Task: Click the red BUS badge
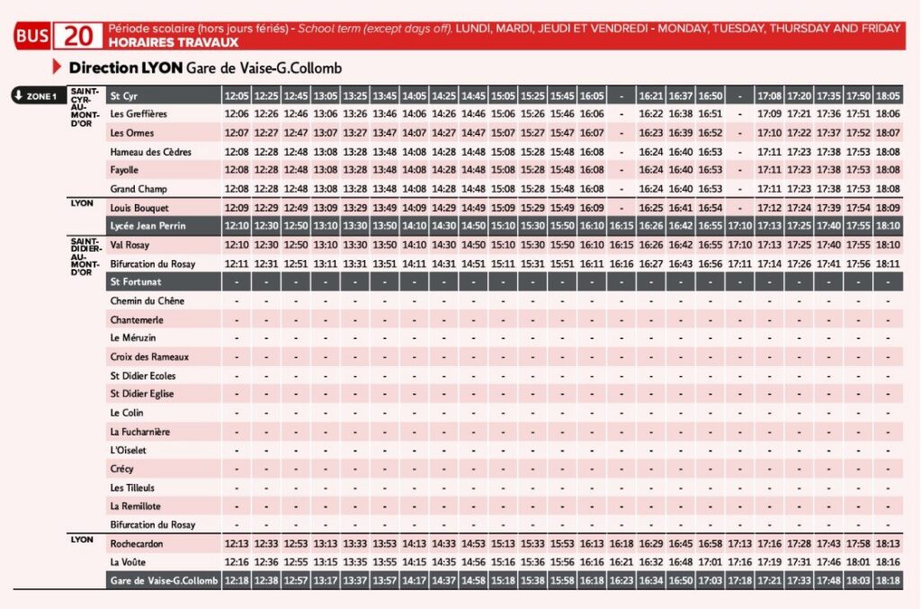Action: click(x=32, y=36)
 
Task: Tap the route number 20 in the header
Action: click(x=78, y=36)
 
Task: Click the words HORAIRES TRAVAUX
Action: click(x=174, y=42)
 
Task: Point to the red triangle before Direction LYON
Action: click(x=57, y=67)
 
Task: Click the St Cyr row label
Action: click(x=123, y=95)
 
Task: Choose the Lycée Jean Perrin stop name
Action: click(x=148, y=226)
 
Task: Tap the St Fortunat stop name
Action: click(x=136, y=282)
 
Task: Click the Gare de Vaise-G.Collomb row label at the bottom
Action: click(x=164, y=580)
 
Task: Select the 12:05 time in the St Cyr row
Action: click(x=237, y=95)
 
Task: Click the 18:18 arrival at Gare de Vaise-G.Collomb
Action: click(x=888, y=580)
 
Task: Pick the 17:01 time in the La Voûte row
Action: click(x=711, y=562)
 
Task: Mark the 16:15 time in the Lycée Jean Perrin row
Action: click(x=621, y=226)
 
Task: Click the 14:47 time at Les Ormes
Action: click(x=473, y=133)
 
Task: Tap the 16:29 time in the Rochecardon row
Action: click(x=651, y=544)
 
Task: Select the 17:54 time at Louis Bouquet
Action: click(x=858, y=208)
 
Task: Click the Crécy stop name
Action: click(x=121, y=469)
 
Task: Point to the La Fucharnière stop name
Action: click(x=139, y=432)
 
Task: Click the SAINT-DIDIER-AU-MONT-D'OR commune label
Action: click(x=85, y=256)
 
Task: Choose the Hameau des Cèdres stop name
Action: click(x=151, y=152)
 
